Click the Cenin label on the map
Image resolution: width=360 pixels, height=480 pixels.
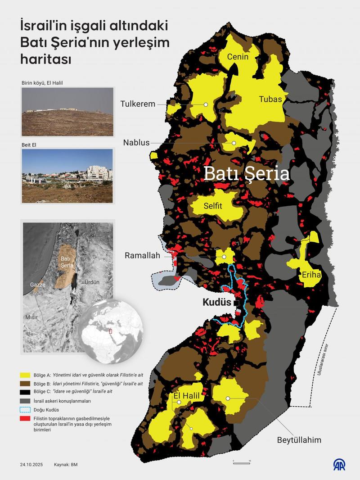point(238,57)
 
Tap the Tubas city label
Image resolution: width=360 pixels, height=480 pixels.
point(270,100)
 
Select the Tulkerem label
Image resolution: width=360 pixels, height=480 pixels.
point(137,104)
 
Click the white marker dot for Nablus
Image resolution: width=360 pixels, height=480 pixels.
point(234,143)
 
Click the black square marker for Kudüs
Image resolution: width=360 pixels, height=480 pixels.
point(236,303)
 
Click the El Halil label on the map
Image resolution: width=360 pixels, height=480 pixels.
point(186,395)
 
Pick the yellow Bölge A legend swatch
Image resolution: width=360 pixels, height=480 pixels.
point(24,375)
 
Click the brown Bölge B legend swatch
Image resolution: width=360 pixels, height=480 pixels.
point(24,383)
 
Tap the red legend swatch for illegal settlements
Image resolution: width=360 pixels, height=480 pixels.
point(24,419)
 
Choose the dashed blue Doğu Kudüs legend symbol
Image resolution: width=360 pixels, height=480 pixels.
point(24,410)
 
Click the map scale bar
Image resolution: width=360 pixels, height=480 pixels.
point(241,462)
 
